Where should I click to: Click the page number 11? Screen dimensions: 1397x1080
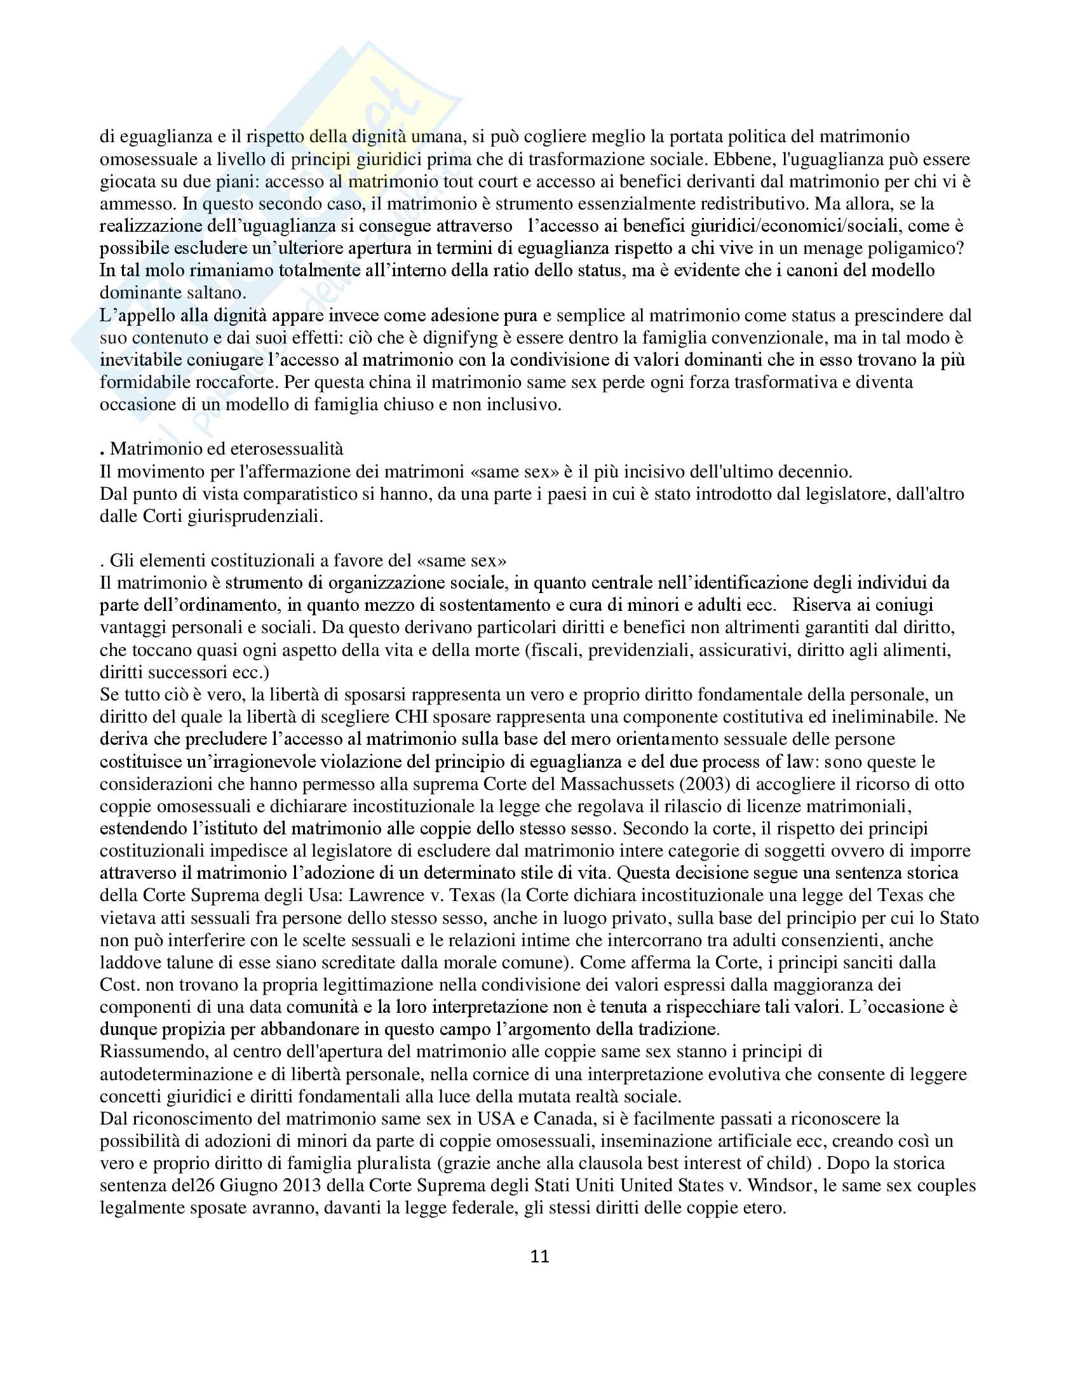539,1256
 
